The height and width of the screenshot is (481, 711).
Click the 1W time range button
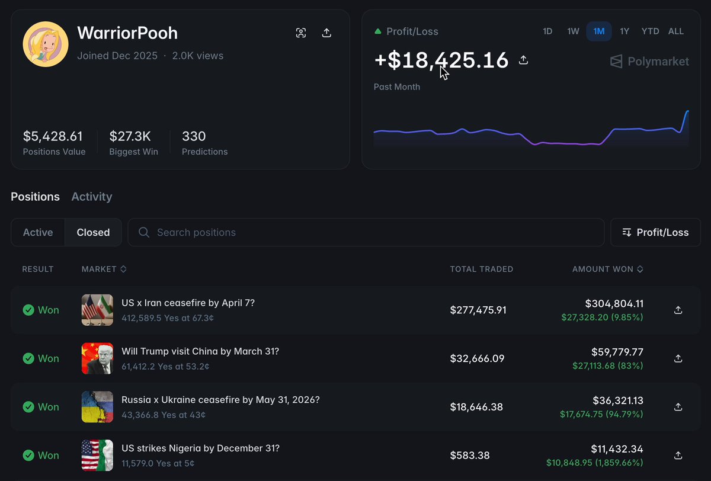click(x=573, y=31)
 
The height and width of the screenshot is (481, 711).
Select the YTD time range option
click(x=650, y=31)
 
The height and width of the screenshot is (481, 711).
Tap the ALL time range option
click(x=676, y=31)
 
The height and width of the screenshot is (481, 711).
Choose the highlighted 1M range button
click(x=599, y=31)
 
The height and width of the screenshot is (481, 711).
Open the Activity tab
click(x=92, y=197)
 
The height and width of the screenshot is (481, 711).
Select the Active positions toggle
click(x=38, y=232)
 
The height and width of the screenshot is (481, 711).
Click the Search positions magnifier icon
click(x=144, y=232)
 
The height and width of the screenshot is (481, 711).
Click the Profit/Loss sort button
click(x=655, y=232)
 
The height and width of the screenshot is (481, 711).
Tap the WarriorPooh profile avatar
click(x=46, y=44)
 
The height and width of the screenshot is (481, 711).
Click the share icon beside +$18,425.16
click(x=523, y=60)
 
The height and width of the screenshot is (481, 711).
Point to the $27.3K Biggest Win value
click(x=130, y=136)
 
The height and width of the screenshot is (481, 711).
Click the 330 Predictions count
click(x=194, y=136)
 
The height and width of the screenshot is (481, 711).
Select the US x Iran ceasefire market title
click(x=188, y=303)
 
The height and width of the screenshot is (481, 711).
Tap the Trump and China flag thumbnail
click(x=97, y=358)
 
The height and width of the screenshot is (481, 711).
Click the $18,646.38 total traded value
click(x=476, y=407)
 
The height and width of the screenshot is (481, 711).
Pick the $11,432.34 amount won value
click(x=617, y=449)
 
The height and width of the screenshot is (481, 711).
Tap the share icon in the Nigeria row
click(x=678, y=456)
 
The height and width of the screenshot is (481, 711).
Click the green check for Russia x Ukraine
click(x=28, y=407)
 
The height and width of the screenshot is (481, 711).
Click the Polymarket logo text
click(x=658, y=61)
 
